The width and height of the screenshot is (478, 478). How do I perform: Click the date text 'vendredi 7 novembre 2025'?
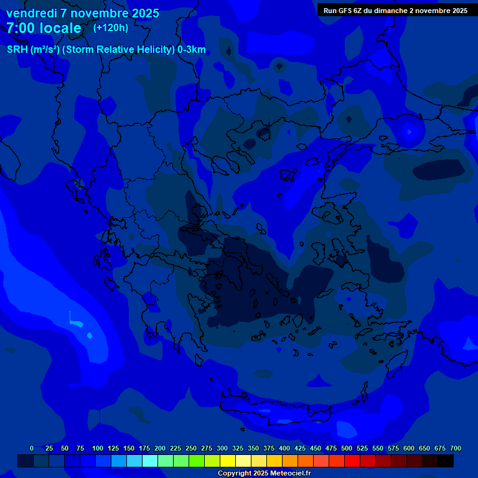[x=82, y=13]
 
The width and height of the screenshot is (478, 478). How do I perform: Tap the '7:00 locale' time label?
[x=44, y=28]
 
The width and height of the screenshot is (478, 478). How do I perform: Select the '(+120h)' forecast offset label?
[x=111, y=27]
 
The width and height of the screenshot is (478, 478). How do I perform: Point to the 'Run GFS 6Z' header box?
[x=395, y=10]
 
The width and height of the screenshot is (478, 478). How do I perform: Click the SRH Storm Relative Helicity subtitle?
[x=106, y=50]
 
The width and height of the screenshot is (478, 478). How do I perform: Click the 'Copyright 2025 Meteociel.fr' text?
[x=264, y=474]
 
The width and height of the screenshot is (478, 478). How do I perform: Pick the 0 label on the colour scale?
[x=32, y=448]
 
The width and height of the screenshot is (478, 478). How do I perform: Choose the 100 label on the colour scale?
[x=98, y=448]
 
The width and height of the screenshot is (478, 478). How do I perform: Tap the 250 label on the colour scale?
[x=191, y=448]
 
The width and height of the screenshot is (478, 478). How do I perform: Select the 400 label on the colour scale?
[x=284, y=448]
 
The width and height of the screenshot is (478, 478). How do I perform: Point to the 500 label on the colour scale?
[x=347, y=448]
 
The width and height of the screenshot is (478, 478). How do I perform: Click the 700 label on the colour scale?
[x=456, y=448]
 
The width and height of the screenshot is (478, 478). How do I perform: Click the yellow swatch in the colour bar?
[x=228, y=461]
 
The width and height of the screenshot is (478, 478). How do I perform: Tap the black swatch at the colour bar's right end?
[x=446, y=461]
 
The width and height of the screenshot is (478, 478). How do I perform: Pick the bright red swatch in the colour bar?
[x=352, y=461]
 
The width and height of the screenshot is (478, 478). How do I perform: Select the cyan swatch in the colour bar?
[x=150, y=461]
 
